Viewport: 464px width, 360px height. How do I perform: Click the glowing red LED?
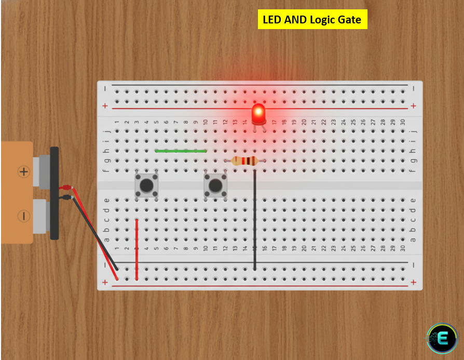click(257, 113)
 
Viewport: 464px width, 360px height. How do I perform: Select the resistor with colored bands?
click(244, 161)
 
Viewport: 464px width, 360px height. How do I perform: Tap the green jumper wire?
click(181, 151)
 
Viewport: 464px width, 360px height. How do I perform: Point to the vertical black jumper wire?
click(255, 218)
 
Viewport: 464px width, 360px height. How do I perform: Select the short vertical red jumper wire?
click(137, 249)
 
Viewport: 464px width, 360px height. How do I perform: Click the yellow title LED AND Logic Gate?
click(312, 20)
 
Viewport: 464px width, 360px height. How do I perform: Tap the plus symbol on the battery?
click(23, 171)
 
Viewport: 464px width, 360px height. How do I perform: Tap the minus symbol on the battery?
click(23, 215)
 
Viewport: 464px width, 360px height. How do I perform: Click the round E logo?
click(442, 340)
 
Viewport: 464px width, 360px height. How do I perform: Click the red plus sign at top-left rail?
click(105, 106)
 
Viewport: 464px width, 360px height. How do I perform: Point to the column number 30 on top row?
click(403, 122)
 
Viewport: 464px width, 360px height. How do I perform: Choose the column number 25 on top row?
click(353, 122)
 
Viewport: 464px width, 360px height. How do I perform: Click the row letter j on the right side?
click(413, 131)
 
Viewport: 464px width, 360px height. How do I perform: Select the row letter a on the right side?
click(413, 239)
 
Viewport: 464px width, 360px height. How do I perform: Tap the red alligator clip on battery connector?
click(66, 187)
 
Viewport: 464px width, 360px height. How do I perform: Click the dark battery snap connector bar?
click(54, 193)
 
